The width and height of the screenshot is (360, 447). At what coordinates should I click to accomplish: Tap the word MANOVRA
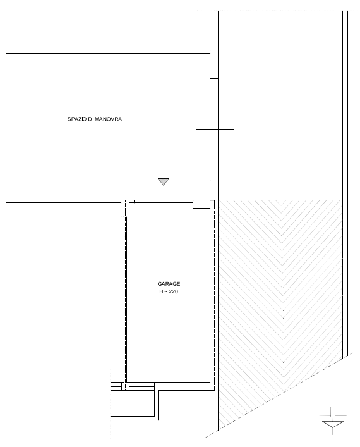[108, 119]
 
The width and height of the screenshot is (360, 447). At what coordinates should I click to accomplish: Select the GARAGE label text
[169, 284]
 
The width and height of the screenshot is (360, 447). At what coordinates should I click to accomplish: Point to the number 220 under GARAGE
[173, 291]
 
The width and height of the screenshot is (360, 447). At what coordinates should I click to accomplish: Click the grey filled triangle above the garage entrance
[164, 181]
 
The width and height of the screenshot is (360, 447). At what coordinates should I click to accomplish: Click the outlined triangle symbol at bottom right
[333, 424]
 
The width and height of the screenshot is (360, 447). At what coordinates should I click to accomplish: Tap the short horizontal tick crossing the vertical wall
[215, 129]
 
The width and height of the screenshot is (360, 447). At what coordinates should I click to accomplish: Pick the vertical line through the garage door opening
[164, 202]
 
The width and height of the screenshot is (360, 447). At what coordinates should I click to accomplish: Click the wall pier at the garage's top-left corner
[125, 209]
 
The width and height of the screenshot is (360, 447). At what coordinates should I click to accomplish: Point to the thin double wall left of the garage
[125, 299]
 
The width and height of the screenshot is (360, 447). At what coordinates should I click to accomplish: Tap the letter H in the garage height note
[161, 291]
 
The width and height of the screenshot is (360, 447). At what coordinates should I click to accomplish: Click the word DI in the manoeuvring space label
[90, 119]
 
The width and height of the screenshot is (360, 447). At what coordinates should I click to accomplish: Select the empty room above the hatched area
[280, 106]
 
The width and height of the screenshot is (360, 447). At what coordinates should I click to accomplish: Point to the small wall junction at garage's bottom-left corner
[125, 386]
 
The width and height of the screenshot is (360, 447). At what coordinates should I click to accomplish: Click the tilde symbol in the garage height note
[165, 291]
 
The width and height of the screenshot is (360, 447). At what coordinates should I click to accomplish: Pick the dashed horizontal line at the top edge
[277, 11]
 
